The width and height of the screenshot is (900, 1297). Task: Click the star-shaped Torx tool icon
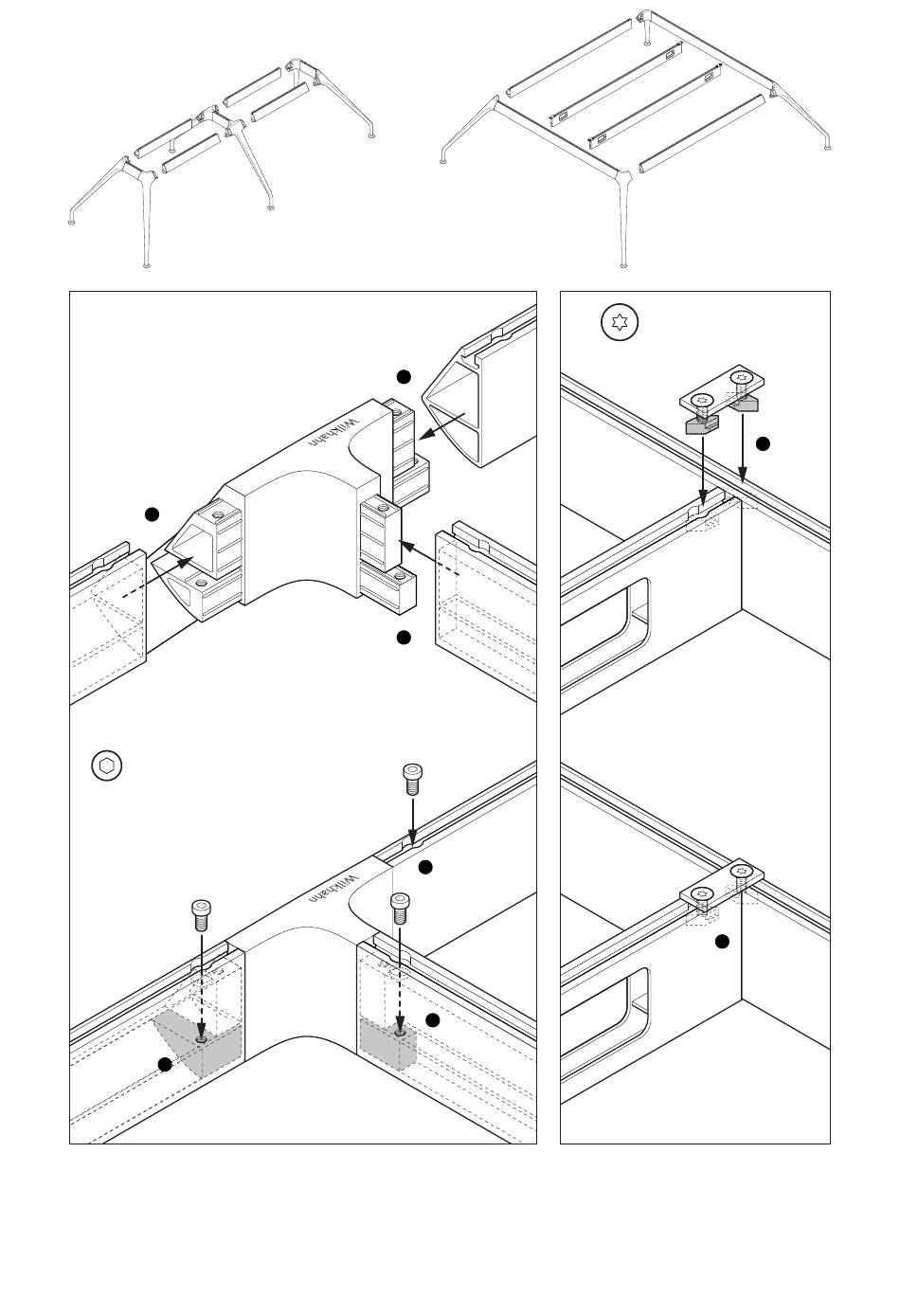coord(620,322)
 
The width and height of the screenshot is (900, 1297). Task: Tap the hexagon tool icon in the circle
coord(107,766)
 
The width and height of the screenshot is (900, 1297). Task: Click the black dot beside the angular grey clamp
coord(165,1064)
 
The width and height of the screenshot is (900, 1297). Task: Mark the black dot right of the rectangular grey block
coord(433,1020)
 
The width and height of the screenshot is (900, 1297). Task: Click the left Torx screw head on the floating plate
coord(704,400)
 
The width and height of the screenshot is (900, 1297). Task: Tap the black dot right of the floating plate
coord(764,444)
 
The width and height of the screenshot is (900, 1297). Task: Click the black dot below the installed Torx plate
coord(722,942)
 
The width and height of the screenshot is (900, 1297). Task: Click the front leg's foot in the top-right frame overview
coord(623,265)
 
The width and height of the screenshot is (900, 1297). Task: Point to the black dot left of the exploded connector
coord(152,514)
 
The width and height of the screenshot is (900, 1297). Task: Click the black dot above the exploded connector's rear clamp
coord(404,377)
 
